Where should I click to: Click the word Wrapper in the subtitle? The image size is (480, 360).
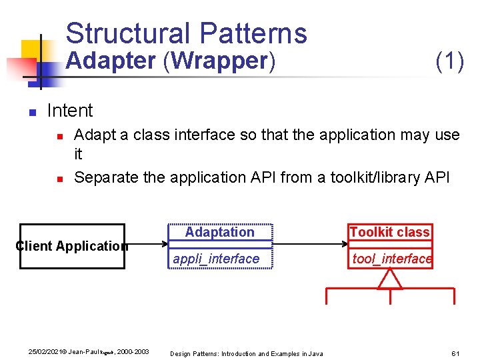click(x=220, y=61)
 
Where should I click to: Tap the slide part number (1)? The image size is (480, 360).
click(x=449, y=61)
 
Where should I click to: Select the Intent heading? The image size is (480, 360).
click(x=70, y=110)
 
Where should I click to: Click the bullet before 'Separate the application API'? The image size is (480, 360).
click(x=59, y=179)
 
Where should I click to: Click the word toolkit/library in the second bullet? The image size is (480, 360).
click(x=380, y=177)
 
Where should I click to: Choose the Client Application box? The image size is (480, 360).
click(x=72, y=246)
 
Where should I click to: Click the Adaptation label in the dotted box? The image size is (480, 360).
click(x=219, y=232)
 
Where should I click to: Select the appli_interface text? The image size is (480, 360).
click(x=216, y=259)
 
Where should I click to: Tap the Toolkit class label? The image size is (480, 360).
click(x=389, y=232)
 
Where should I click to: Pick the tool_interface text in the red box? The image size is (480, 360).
click(x=391, y=259)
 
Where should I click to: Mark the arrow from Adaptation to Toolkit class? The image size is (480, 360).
click(x=310, y=244)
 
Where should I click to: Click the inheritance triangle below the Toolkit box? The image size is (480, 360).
click(x=390, y=279)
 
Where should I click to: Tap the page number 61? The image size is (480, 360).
click(x=456, y=352)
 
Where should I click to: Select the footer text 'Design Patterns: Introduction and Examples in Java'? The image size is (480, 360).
click(x=246, y=353)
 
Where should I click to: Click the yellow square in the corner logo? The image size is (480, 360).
click(x=31, y=51)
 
